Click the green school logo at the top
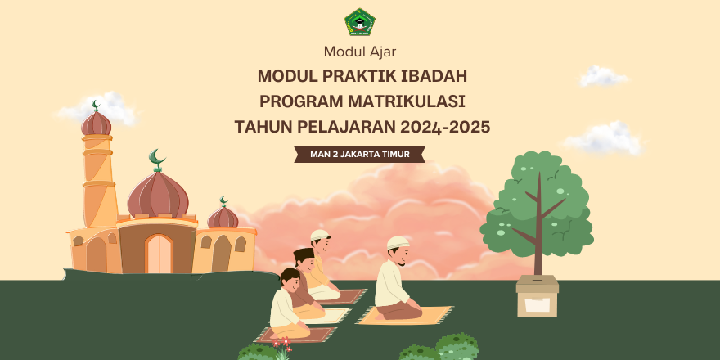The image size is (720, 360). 359,22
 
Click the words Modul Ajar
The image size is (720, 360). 359,52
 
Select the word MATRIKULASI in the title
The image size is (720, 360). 407,101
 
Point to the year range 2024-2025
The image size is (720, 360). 445,127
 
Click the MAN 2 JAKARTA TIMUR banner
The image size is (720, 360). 359,155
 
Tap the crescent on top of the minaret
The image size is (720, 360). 96,106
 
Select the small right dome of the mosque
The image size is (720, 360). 223,217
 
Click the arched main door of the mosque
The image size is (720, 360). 159,254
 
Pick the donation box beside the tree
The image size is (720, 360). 538,295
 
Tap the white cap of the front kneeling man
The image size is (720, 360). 398,242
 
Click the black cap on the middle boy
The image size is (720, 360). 304,254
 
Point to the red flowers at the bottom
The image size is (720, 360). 281,343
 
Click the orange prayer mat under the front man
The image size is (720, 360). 404,316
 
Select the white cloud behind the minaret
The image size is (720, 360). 99,108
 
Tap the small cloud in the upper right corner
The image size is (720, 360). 603,76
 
